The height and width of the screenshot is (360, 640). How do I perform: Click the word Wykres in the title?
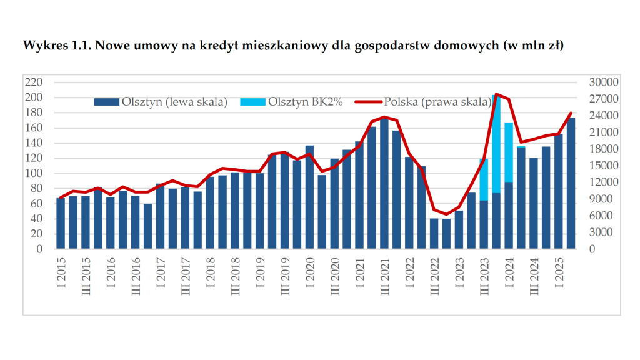point(42,46)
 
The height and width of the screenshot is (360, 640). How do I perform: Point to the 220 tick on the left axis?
point(32,82)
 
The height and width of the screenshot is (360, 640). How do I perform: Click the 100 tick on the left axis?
point(32,173)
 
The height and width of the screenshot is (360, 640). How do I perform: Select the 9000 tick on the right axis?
point(599,199)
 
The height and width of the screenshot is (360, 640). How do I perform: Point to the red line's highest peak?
point(496,94)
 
